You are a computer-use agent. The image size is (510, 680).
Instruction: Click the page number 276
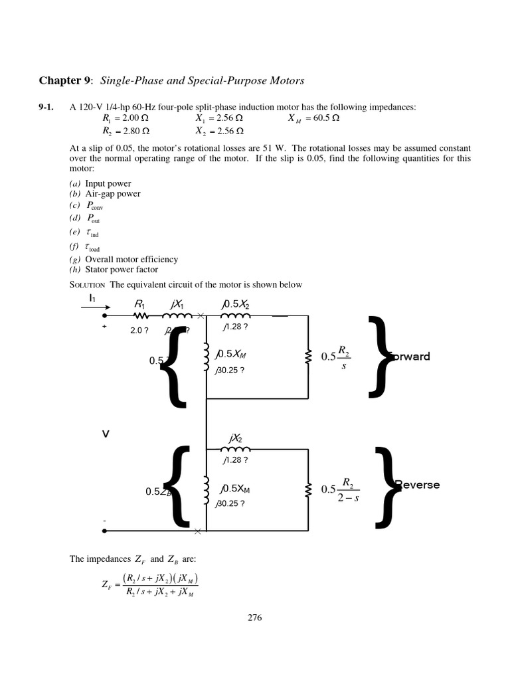(x=254, y=617)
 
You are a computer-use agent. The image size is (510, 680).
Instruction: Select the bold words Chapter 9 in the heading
(x=65, y=81)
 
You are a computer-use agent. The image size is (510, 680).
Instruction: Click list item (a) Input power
(x=100, y=183)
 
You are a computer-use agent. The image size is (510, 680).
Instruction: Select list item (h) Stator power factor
(x=114, y=270)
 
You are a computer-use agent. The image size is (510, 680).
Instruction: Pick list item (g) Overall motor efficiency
(x=124, y=260)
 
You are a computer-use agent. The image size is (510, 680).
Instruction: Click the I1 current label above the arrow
(x=92, y=299)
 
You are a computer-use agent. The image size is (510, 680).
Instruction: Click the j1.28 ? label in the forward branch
(x=235, y=327)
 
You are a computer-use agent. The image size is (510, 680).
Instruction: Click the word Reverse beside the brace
(x=417, y=485)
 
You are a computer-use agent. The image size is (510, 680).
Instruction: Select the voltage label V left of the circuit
(x=105, y=434)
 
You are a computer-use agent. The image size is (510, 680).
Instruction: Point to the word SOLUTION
(x=88, y=285)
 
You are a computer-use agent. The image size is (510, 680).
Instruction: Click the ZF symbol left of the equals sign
(x=106, y=584)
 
